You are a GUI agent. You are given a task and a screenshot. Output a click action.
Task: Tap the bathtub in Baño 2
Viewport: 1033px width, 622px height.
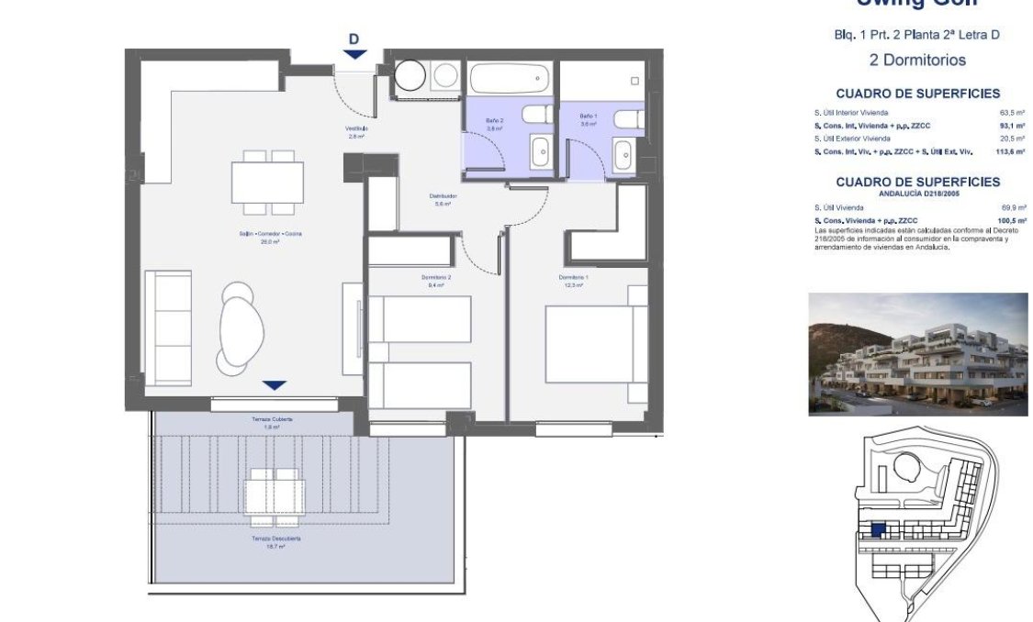point(510,79)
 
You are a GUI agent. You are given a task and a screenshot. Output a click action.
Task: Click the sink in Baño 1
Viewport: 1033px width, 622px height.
point(623,155)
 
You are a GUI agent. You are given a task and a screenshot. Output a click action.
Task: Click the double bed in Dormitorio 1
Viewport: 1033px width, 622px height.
point(588,344)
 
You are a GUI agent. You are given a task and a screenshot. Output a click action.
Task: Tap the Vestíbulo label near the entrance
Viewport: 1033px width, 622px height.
point(356,129)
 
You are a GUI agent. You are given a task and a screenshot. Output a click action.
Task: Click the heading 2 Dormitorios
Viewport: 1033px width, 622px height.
point(916,60)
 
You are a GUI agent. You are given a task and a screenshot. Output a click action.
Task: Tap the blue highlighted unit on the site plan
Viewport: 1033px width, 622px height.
point(878,530)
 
